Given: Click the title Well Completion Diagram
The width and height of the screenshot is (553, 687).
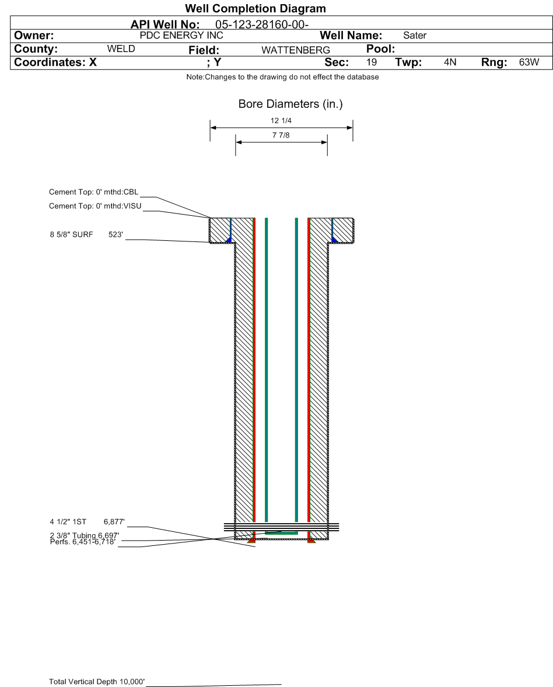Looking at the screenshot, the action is (256, 8).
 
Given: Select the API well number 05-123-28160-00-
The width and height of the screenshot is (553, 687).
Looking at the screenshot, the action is (261, 24).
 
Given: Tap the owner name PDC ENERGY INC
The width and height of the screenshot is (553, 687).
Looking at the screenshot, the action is (181, 36).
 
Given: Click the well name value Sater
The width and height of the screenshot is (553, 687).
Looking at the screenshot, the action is (415, 36).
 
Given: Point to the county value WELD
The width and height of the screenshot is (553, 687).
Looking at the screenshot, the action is (121, 48).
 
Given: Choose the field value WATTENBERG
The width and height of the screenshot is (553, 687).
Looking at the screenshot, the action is (296, 50).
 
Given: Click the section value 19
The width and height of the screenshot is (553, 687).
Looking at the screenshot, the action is (372, 62).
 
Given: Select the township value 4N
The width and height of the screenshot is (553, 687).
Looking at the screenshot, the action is (450, 62).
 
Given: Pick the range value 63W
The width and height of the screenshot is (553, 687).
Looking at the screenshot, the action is (529, 62).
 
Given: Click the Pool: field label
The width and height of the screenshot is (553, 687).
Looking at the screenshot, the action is (380, 48).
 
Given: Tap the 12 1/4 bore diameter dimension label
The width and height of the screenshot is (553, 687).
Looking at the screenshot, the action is (281, 121).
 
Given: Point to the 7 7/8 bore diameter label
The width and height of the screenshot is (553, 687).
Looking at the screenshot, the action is (281, 135).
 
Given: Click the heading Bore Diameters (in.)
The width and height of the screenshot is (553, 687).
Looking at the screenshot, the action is (290, 104).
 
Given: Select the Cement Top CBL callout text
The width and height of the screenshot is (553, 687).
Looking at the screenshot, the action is (93, 192).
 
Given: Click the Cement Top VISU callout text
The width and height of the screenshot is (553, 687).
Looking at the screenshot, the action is (95, 206).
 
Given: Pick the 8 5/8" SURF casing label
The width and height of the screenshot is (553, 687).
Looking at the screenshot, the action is (71, 234).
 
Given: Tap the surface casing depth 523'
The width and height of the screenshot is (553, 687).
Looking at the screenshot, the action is (116, 234).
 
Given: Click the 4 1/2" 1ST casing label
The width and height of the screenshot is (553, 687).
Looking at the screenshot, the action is (68, 522).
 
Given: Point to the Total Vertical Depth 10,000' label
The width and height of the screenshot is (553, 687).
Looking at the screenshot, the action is (97, 681).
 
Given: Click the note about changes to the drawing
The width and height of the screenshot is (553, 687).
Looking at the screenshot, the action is (283, 77).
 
